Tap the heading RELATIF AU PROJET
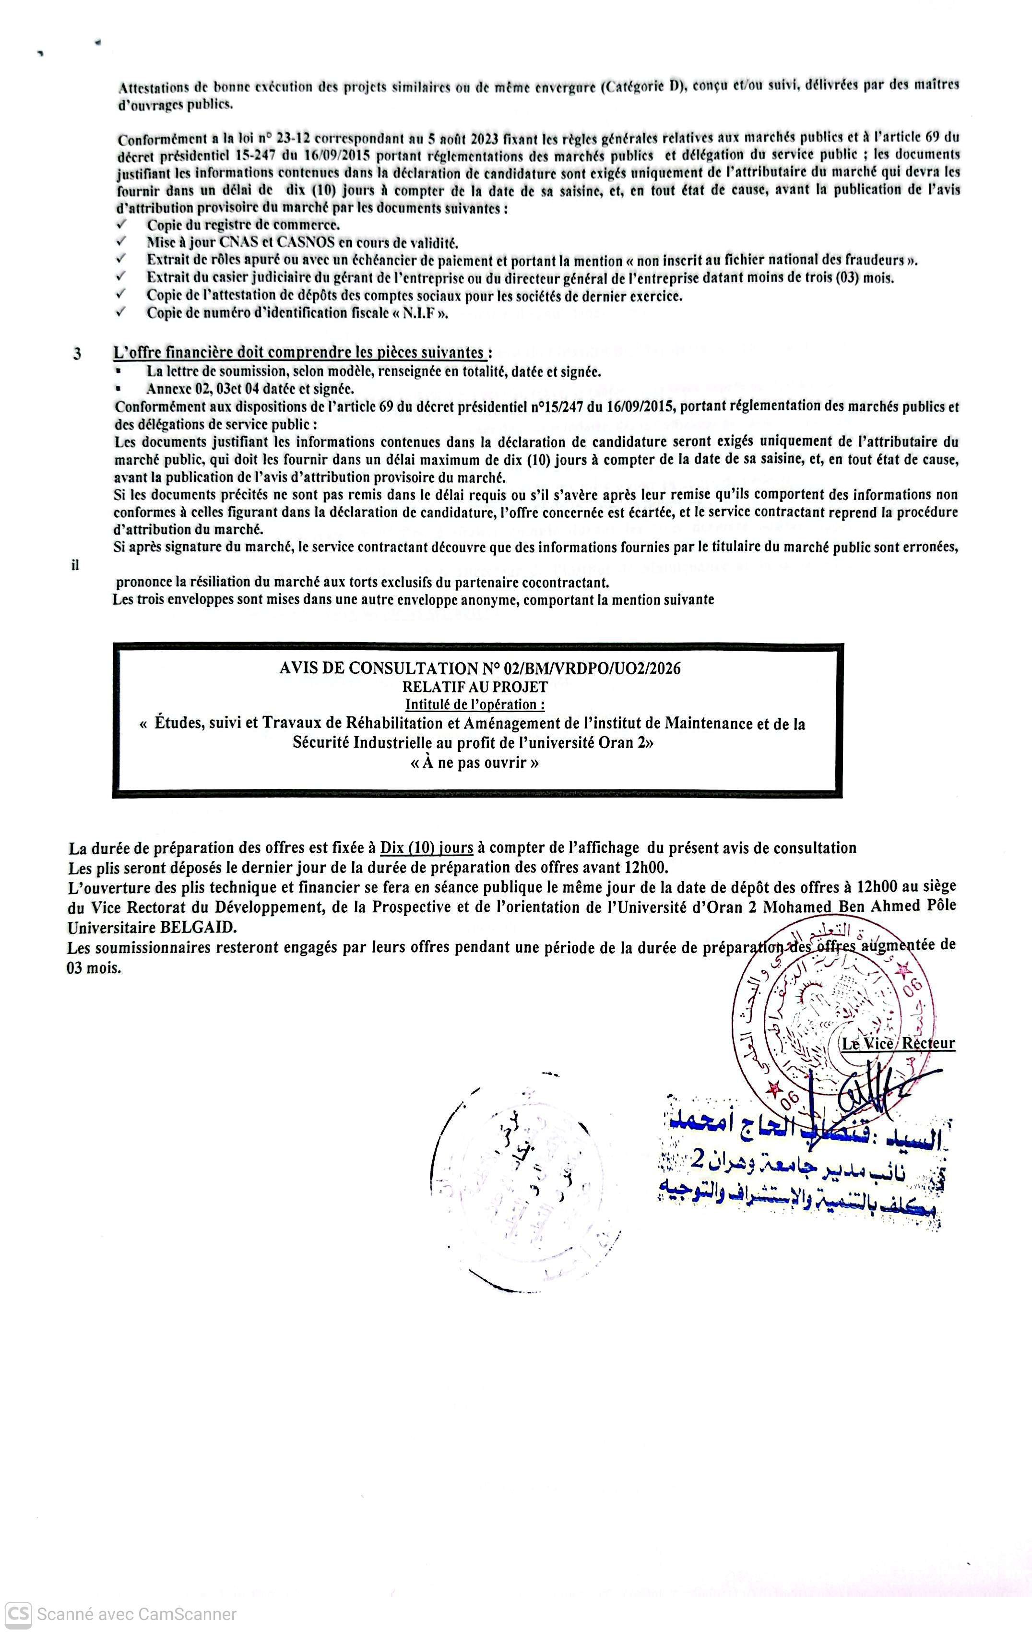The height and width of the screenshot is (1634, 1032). click(x=474, y=687)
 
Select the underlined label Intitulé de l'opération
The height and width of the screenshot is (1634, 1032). click(x=474, y=704)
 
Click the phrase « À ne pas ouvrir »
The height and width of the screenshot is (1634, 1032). click(x=474, y=762)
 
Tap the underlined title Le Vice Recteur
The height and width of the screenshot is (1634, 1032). click(x=898, y=1044)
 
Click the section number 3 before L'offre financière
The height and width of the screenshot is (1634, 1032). click(x=77, y=354)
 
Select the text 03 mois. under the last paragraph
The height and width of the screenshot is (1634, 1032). click(x=94, y=968)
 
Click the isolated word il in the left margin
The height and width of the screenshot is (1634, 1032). click(x=75, y=564)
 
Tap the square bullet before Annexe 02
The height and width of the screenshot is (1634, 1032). click(x=119, y=389)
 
